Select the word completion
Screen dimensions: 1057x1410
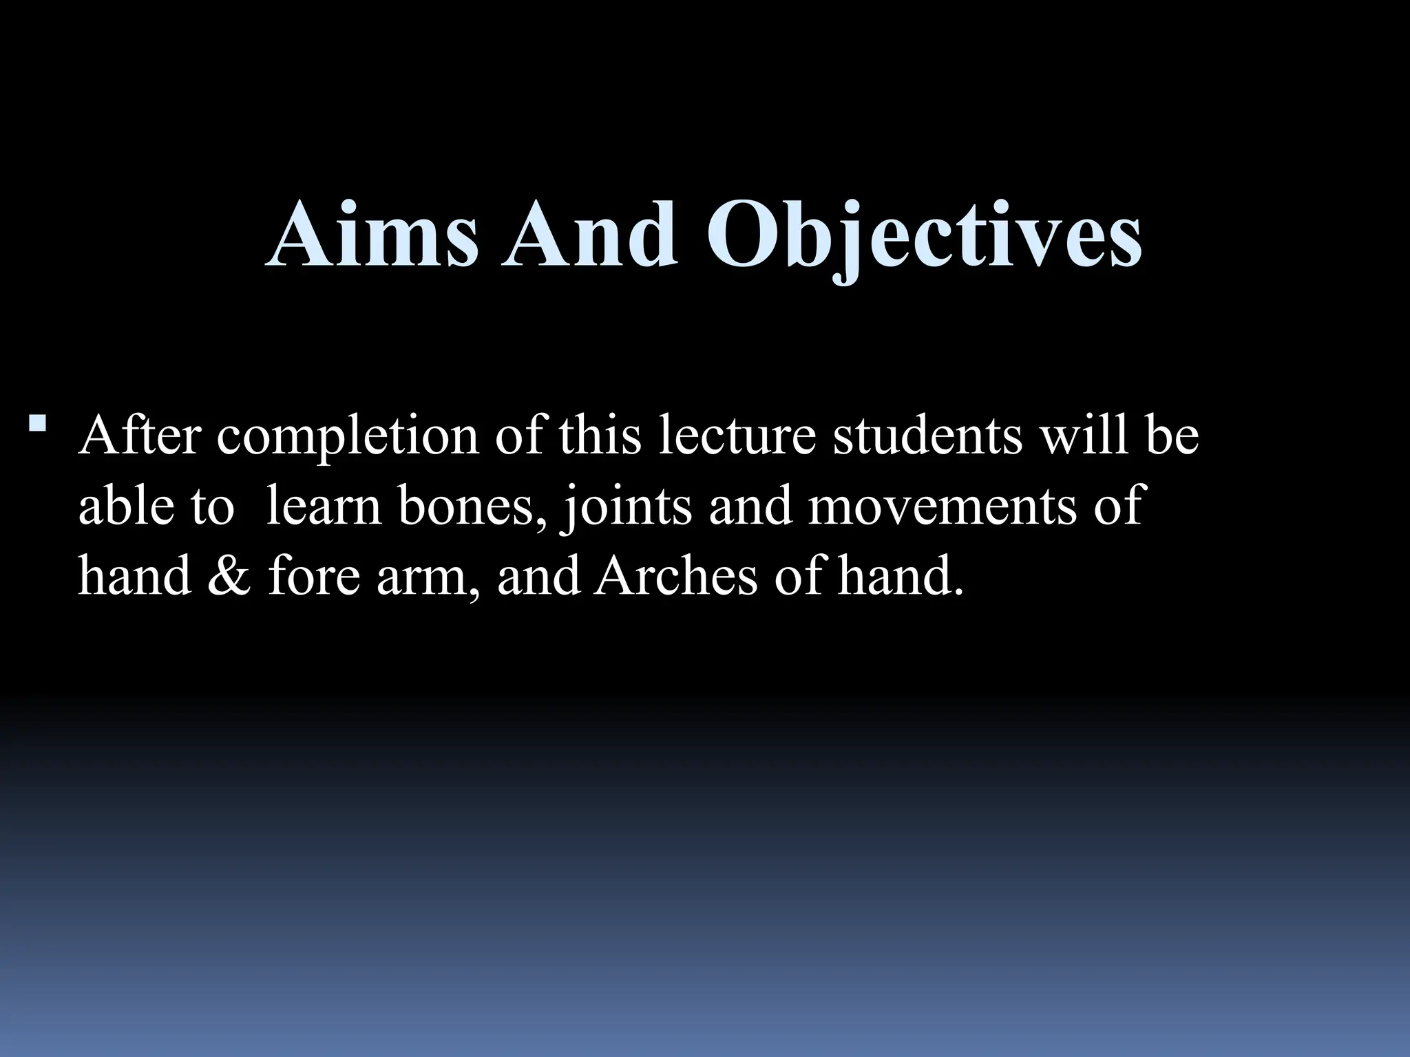[347, 436]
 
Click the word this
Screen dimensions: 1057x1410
[600, 436]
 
